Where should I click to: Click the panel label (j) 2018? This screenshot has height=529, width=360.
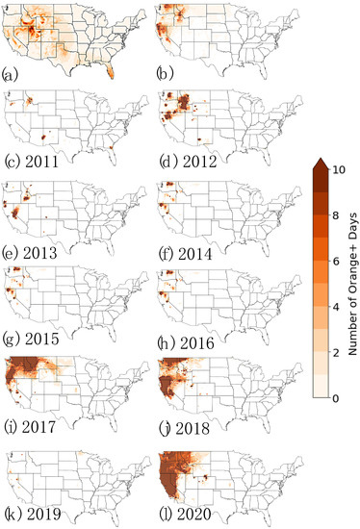tap(184, 419)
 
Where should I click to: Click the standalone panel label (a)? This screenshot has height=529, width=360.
tap(12, 73)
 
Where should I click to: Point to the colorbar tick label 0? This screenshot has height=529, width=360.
tap(336, 396)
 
